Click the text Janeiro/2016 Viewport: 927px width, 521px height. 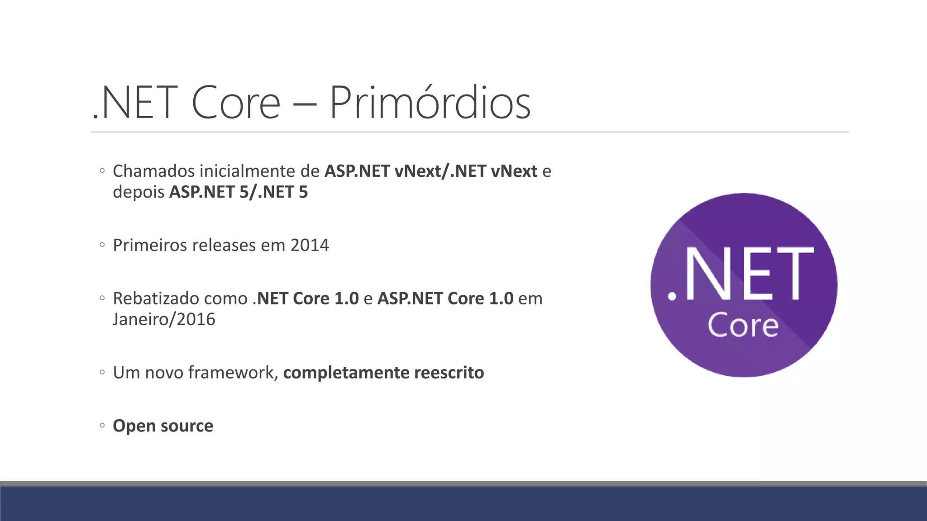(x=164, y=319)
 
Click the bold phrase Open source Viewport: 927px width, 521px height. (x=163, y=426)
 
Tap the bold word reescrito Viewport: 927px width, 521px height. (x=449, y=373)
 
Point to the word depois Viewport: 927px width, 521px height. (x=139, y=192)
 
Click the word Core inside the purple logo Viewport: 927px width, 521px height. (x=743, y=325)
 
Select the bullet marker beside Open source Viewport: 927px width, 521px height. (x=102, y=426)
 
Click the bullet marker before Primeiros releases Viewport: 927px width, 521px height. (x=102, y=245)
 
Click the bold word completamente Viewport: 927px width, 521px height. (x=346, y=373)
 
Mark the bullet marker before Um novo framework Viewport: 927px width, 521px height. (x=102, y=373)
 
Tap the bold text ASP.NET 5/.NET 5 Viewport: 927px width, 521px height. (x=239, y=192)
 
